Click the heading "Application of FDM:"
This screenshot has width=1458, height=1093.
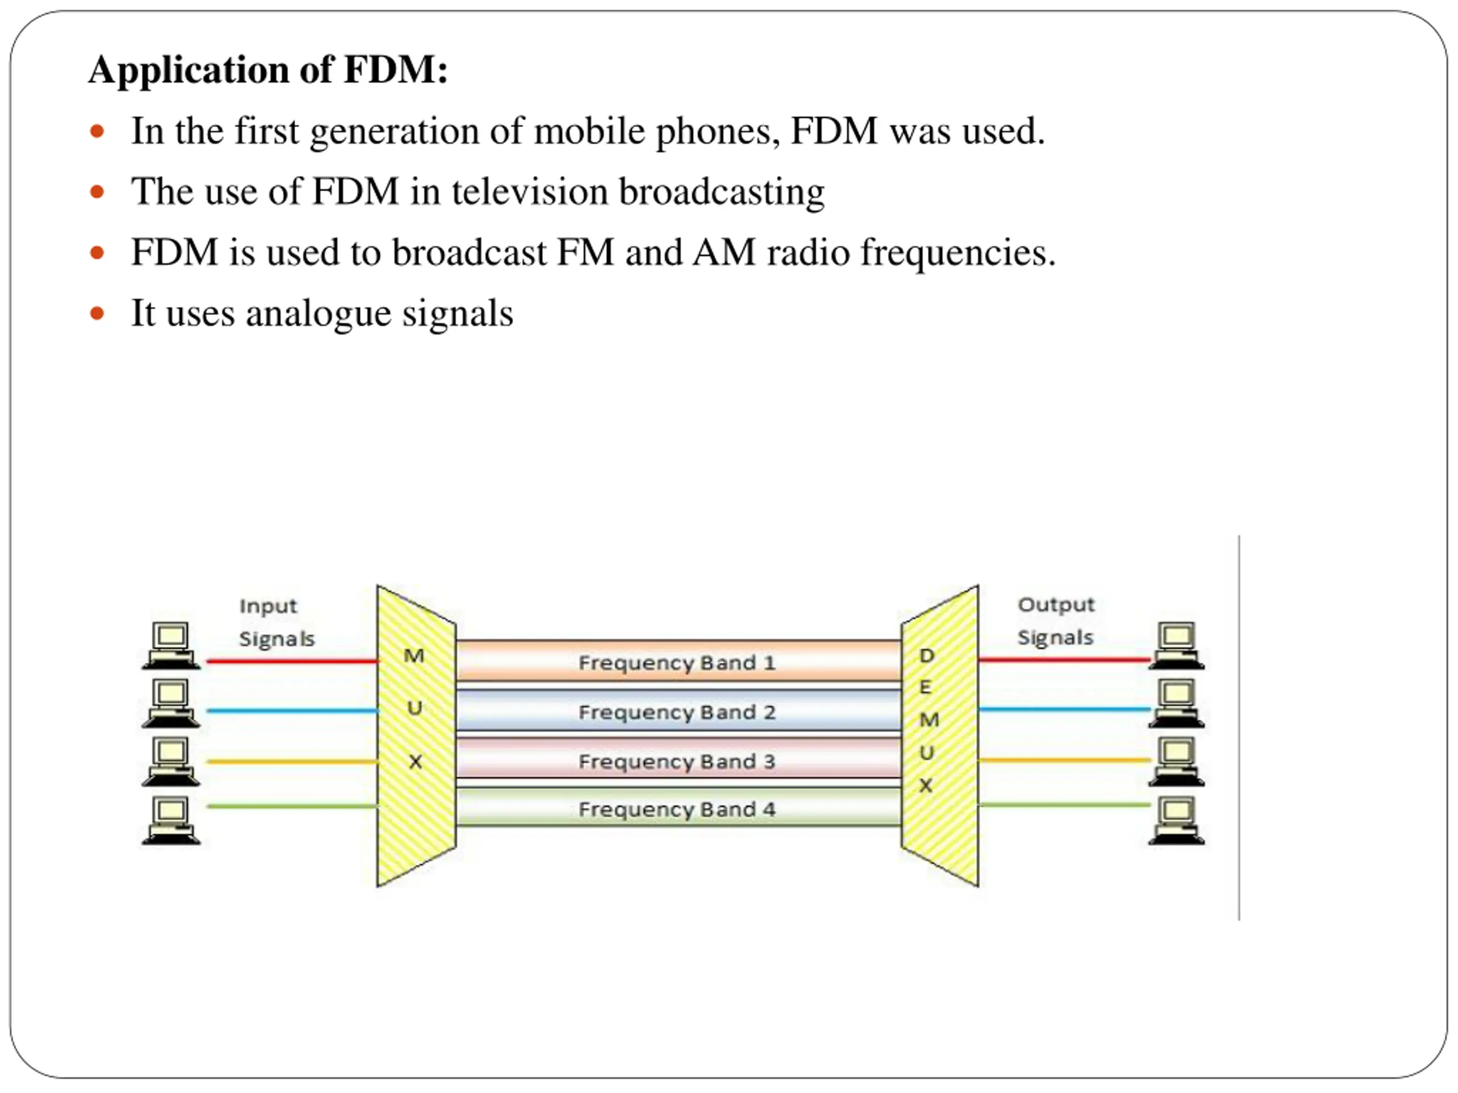[268, 69]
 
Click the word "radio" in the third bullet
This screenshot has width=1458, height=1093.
[808, 252]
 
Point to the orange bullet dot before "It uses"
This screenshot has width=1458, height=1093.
[97, 313]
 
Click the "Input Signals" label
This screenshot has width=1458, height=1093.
[276, 623]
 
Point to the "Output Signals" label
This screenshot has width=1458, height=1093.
[1055, 621]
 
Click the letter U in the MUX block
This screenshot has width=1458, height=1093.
[415, 708]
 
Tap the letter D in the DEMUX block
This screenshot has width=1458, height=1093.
[926, 656]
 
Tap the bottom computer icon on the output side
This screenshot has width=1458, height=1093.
[1177, 820]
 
